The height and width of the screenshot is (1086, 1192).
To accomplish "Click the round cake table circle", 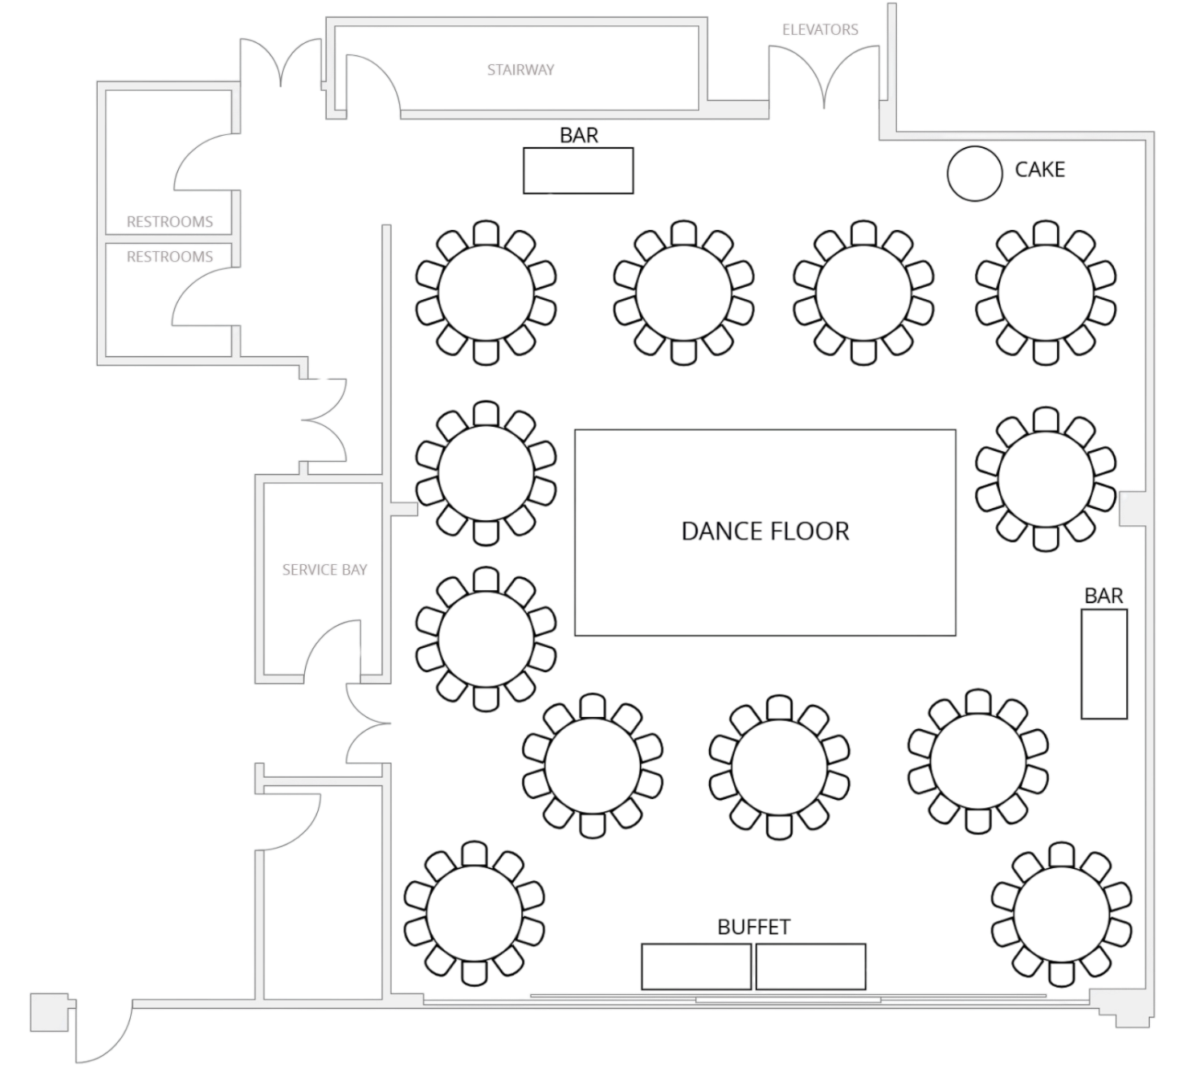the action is (x=974, y=172).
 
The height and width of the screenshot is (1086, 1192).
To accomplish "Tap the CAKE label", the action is (x=1040, y=169).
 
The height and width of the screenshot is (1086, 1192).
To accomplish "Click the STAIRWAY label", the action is (x=520, y=70).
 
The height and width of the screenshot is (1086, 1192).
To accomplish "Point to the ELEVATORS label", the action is (x=820, y=30).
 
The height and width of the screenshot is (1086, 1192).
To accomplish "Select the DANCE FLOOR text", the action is (x=765, y=532).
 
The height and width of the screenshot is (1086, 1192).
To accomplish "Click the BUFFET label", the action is (x=754, y=927).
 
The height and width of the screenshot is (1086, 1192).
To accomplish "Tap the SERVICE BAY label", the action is (x=324, y=570).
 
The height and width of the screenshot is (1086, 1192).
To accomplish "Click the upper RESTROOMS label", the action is (x=170, y=222).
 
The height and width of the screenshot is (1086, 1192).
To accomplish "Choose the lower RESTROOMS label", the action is (x=170, y=257).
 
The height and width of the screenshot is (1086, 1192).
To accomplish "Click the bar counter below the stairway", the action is (x=578, y=171).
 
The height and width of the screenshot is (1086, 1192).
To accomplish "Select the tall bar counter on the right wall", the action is (x=1104, y=664).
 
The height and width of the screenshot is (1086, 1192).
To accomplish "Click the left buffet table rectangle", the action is (x=696, y=967).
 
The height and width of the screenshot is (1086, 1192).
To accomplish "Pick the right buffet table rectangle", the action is (x=811, y=967).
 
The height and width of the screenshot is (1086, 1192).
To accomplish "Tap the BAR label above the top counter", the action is (x=579, y=135).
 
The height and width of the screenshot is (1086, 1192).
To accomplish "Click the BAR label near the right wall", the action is (x=1104, y=596).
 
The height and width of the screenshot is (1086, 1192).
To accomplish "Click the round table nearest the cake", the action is (x=1046, y=293).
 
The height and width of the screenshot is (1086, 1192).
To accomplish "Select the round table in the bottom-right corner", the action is (x=1062, y=914).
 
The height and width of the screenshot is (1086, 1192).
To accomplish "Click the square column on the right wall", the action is (x=1130, y=508).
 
